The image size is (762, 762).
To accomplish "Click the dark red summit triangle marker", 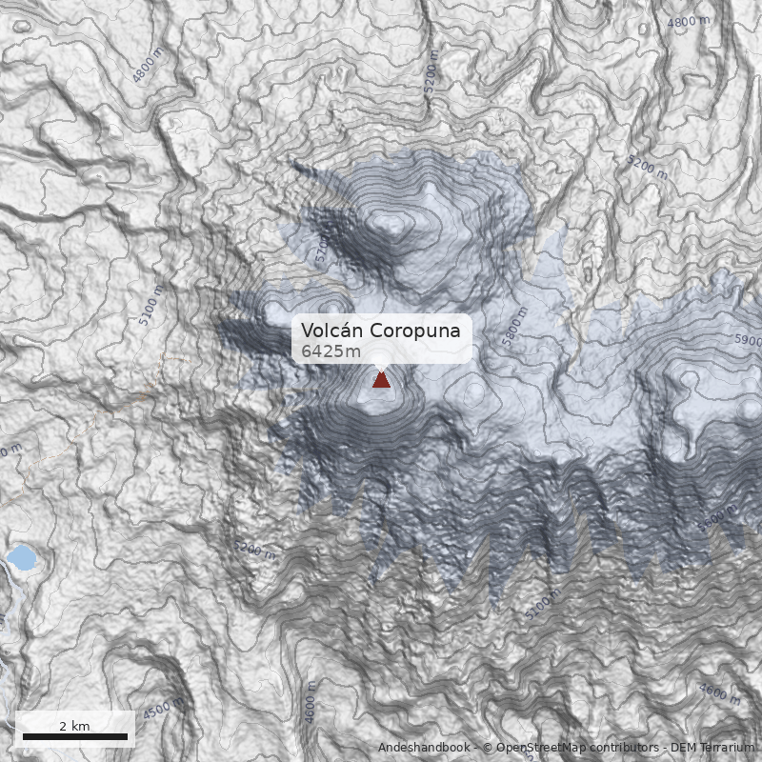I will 381,380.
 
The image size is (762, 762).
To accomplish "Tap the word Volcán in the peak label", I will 331,331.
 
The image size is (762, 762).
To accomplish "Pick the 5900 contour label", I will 748,340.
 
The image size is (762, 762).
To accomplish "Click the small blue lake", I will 22,557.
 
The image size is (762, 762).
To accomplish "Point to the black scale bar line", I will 74,736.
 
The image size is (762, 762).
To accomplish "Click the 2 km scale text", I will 74,726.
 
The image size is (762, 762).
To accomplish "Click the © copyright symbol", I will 488,748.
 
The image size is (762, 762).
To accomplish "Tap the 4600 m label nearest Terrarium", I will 718,693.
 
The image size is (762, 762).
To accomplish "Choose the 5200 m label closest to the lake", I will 255,551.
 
